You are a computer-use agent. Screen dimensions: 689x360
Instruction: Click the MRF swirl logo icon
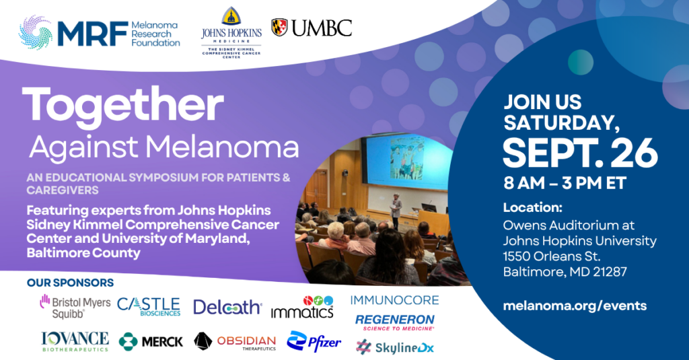click(36, 32)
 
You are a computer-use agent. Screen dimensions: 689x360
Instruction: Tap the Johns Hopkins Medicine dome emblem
click(231, 17)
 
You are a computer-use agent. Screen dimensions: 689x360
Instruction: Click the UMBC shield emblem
click(279, 28)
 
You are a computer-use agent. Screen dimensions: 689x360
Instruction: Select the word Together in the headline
click(123, 104)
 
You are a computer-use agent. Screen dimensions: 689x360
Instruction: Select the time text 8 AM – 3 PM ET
click(565, 183)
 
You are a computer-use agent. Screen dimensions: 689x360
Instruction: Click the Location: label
click(533, 207)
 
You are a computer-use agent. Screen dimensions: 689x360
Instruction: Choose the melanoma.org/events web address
click(575, 305)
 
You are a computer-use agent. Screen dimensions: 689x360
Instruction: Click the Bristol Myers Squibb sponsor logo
click(75, 307)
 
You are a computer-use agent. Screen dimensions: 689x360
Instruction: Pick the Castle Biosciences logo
click(149, 307)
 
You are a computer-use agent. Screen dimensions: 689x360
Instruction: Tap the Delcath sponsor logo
click(227, 307)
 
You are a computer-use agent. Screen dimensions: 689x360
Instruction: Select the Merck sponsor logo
click(151, 342)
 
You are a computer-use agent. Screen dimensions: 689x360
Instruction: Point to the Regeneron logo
click(394, 322)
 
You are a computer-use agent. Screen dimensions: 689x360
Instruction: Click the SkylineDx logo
click(395, 347)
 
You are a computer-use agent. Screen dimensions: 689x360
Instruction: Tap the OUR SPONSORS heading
click(70, 283)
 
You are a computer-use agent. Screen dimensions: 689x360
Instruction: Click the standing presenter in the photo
click(396, 211)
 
